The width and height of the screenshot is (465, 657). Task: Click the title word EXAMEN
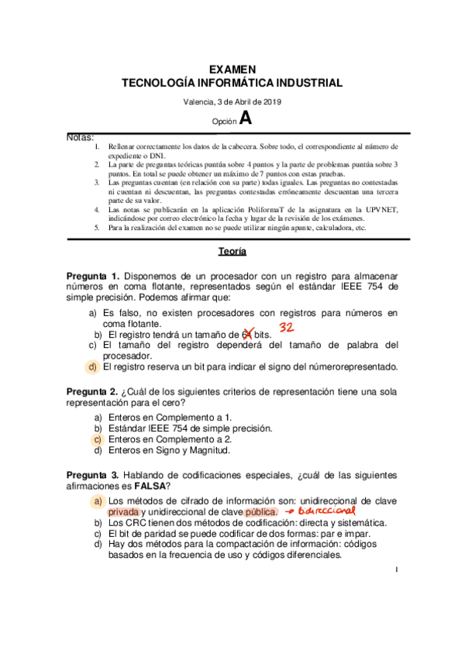(232, 70)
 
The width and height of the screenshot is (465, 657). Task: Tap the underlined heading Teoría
(232, 251)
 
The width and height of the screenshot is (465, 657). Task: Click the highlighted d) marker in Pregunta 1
(92, 366)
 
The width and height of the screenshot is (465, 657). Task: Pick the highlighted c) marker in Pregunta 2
(98, 439)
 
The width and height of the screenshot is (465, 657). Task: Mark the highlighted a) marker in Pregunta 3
(98, 501)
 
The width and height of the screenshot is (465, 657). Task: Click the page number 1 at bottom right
(396, 593)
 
